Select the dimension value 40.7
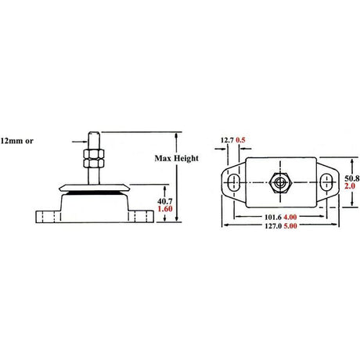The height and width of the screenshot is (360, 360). pos(164,201)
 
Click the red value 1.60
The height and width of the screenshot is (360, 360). pos(165,211)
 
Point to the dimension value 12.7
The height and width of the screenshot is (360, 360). pos(228,140)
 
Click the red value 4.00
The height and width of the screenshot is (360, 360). pos(290,217)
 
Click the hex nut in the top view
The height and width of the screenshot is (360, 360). pos(281,181)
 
